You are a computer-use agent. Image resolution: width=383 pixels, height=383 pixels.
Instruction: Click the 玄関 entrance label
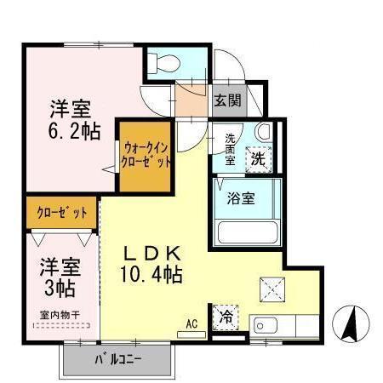tap(227, 100)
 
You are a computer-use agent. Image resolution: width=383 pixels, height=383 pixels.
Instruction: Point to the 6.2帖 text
tap(71, 131)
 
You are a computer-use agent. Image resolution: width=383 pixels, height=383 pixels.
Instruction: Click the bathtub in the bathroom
tap(248, 232)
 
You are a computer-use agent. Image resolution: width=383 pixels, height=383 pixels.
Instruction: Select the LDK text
tap(154, 253)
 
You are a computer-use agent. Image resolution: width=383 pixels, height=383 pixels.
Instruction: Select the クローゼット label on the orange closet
tap(61, 212)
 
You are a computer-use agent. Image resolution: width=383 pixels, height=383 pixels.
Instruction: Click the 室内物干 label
tap(60, 315)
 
